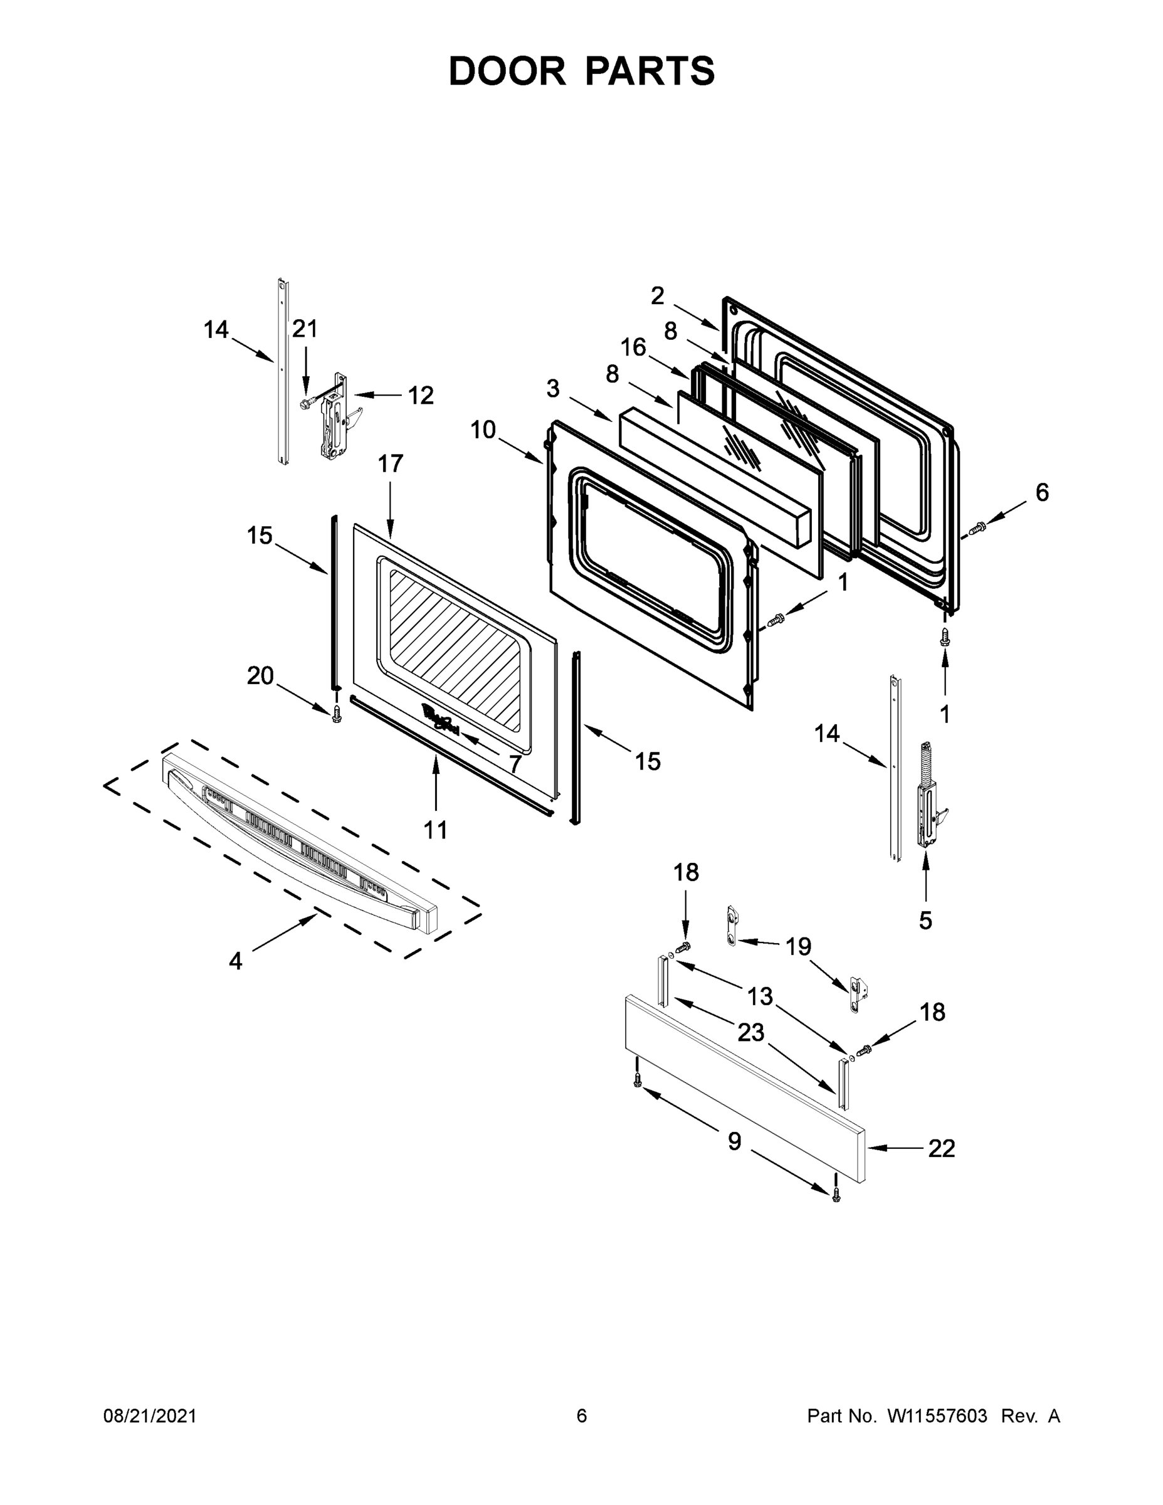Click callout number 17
click(390, 464)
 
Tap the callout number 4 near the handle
click(236, 961)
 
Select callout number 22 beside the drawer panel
click(941, 1148)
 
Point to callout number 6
click(1042, 492)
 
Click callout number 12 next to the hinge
click(420, 396)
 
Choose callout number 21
click(305, 329)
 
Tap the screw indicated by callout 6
click(976, 529)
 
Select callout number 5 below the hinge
click(925, 920)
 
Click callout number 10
click(483, 430)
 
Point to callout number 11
click(436, 830)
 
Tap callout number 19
click(799, 947)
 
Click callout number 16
click(633, 347)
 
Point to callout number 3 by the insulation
click(552, 389)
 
